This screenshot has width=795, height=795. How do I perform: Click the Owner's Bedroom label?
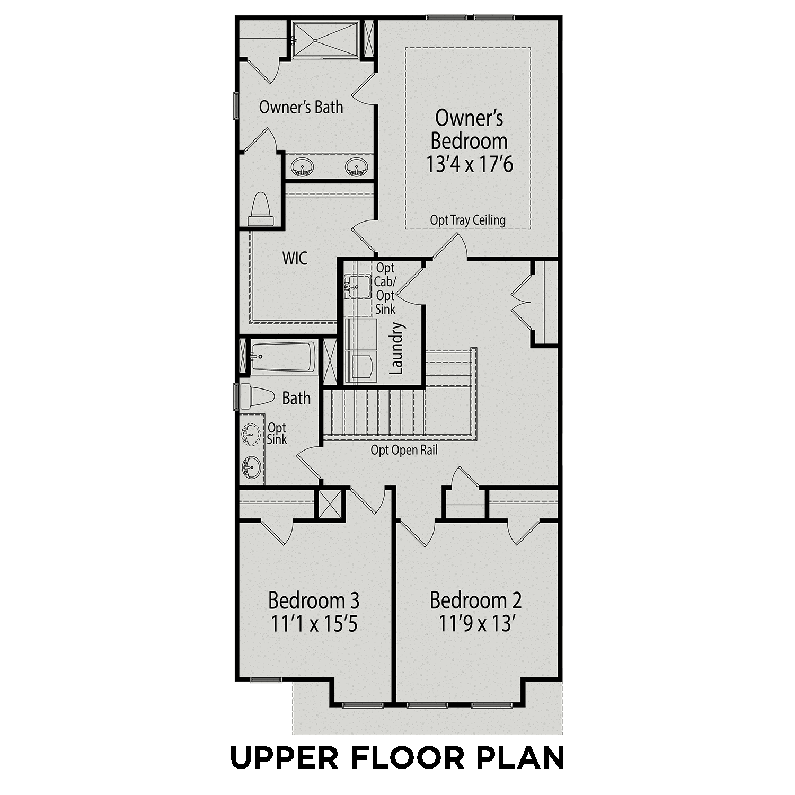[x=469, y=130]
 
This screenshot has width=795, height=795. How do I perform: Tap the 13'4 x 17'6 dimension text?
[x=470, y=164]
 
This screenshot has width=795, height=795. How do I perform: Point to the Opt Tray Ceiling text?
[x=467, y=220]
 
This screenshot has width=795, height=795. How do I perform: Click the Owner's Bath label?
[x=301, y=107]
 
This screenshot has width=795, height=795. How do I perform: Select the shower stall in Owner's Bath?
[x=325, y=39]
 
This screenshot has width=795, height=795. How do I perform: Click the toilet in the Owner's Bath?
[x=261, y=210]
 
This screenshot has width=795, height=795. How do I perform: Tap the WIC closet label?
[x=295, y=259]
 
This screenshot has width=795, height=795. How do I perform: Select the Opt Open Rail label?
[x=404, y=450]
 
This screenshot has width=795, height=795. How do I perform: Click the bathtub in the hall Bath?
[x=283, y=357]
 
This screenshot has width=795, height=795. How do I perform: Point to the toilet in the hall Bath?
[x=257, y=396]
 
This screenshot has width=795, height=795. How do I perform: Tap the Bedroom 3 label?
[x=314, y=600]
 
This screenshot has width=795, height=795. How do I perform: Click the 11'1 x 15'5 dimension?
[x=314, y=624]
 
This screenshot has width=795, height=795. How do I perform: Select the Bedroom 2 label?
[x=475, y=600]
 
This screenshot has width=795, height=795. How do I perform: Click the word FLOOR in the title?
[x=407, y=758]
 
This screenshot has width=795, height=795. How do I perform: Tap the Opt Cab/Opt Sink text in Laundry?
[x=385, y=289]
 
